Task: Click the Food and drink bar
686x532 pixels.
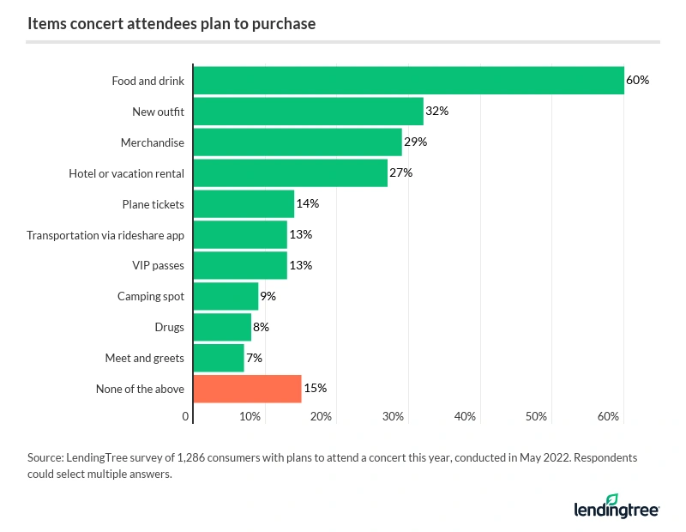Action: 409,81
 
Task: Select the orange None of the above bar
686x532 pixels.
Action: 248,389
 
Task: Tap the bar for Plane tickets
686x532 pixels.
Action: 244,204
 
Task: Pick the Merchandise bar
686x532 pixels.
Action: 298,142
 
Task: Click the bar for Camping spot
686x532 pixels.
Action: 226,296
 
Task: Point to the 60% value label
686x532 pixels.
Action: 637,81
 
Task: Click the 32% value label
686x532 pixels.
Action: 437,112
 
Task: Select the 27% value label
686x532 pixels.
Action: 401,173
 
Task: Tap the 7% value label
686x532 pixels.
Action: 254,358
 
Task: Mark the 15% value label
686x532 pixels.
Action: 315,389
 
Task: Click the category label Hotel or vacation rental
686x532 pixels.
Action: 127,173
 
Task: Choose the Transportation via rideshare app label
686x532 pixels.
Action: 105,235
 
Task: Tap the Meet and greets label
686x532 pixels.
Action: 144,358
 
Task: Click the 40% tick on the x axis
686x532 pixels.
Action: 465,416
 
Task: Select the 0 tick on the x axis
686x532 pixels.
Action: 186,416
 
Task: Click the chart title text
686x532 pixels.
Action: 171,24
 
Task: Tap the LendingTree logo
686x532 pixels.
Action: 616,507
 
